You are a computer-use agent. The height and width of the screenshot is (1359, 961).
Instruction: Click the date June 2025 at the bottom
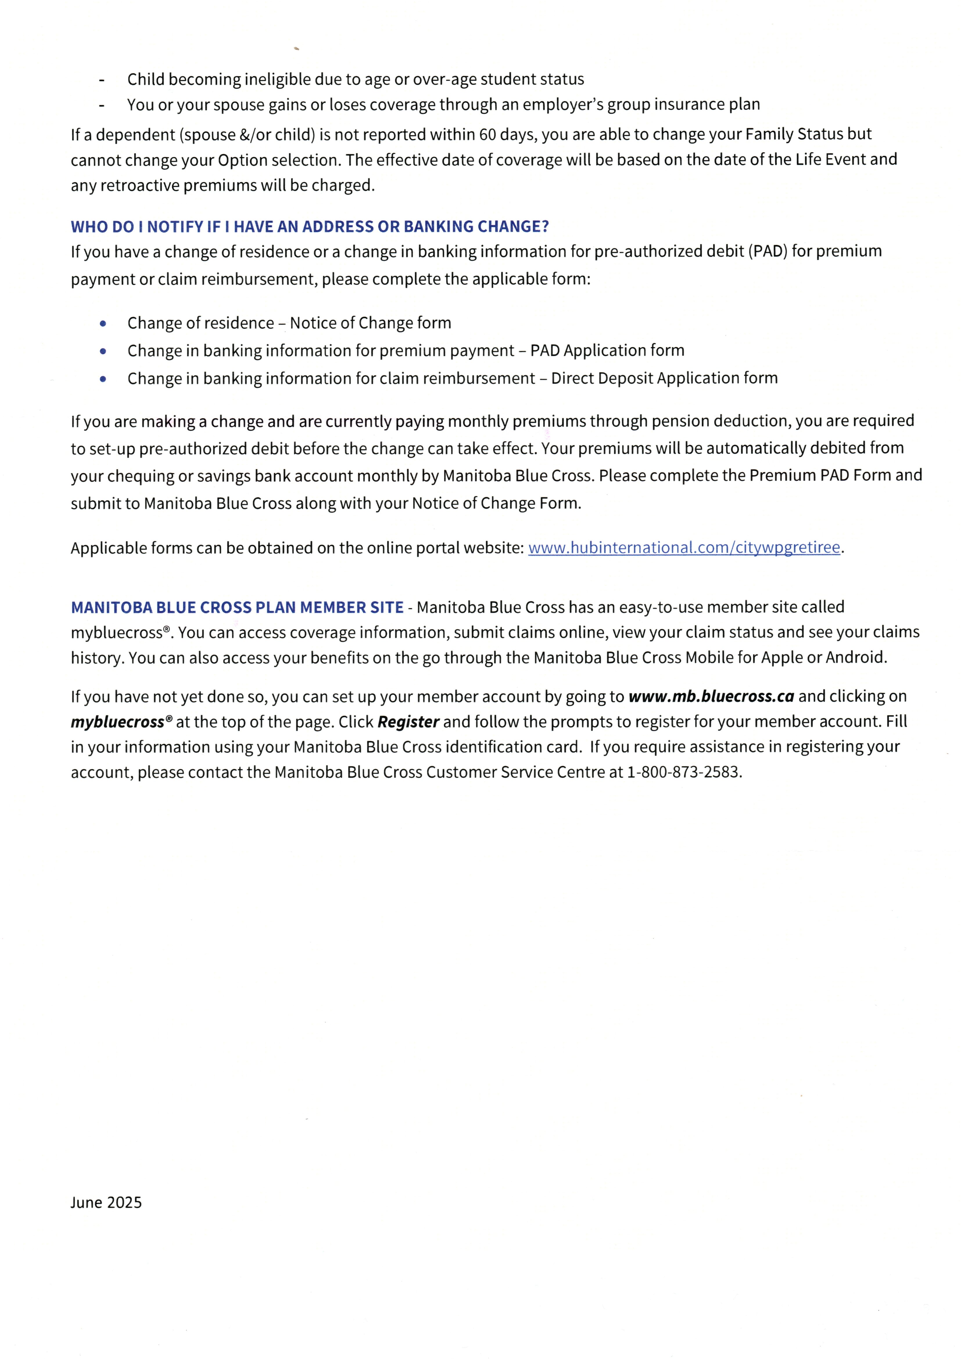pyautogui.click(x=106, y=1202)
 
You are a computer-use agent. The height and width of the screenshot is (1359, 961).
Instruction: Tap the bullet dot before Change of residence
pyautogui.click(x=103, y=324)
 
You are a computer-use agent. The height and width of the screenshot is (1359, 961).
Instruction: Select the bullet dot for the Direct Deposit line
pyautogui.click(x=103, y=379)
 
